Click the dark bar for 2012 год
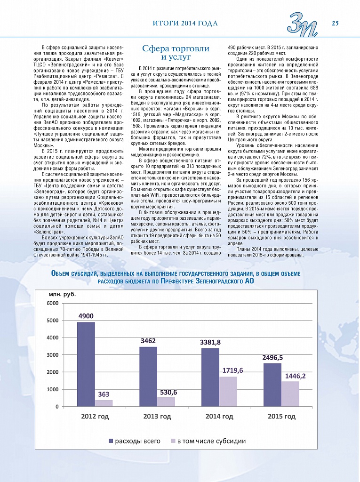point(86,364)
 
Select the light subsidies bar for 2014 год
point(228,391)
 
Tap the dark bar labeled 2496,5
point(272,385)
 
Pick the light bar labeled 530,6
point(166,402)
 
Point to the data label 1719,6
point(232,370)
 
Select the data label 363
point(104,394)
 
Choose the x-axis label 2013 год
point(157,416)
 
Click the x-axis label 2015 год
point(281,416)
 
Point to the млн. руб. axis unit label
point(62,294)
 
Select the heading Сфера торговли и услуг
point(176,53)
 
